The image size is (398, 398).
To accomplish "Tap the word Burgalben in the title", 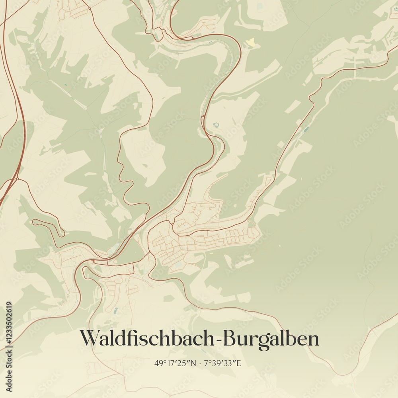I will coord(271,339).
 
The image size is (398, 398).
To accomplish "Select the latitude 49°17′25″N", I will coord(176,363).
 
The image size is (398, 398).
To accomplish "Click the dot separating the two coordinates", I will coord(200,363).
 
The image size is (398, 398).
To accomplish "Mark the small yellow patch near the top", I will coord(251,42).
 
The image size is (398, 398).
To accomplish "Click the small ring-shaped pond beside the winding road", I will coord(216,125).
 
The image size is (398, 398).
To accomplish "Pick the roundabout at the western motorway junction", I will coord(16,179).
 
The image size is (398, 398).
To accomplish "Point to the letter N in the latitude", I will coord(194,363).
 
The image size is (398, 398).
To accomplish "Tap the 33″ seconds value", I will coord(231,363).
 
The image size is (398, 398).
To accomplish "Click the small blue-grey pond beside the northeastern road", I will coord(306,129).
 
